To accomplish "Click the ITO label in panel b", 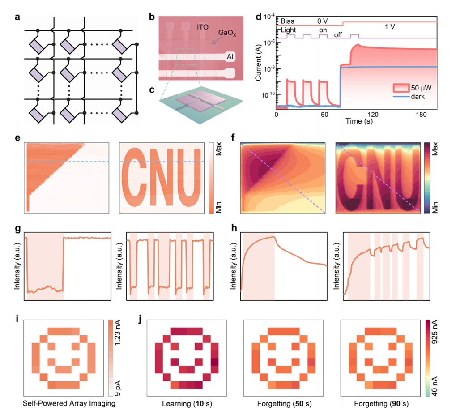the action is pos(202,27).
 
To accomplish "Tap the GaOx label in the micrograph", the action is pos(227,33).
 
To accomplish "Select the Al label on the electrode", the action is pos(230,56).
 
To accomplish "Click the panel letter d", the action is pos(259,17).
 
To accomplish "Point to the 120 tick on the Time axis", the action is pos(373,115).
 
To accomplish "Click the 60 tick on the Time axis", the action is pos(324,115).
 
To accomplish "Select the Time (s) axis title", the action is pos(359,121).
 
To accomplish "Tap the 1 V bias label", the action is pos(390,27).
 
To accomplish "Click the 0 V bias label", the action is pos(323,21).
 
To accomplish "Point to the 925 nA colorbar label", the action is pos(435,332).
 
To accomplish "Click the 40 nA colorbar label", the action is pos(435,386).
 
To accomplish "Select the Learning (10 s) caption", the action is pos(187,404).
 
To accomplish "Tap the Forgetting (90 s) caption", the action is pos(381,404).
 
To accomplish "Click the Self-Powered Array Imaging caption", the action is pos(69,403).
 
